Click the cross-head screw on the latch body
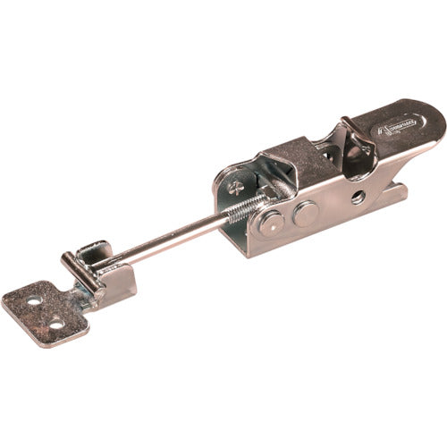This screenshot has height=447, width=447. pyautogui.click(x=235, y=188)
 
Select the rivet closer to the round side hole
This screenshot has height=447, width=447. pyautogui.click(x=305, y=212)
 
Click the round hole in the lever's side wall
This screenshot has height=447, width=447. pyautogui.click(x=357, y=197)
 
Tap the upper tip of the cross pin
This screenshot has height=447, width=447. pyautogui.click(x=64, y=259)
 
